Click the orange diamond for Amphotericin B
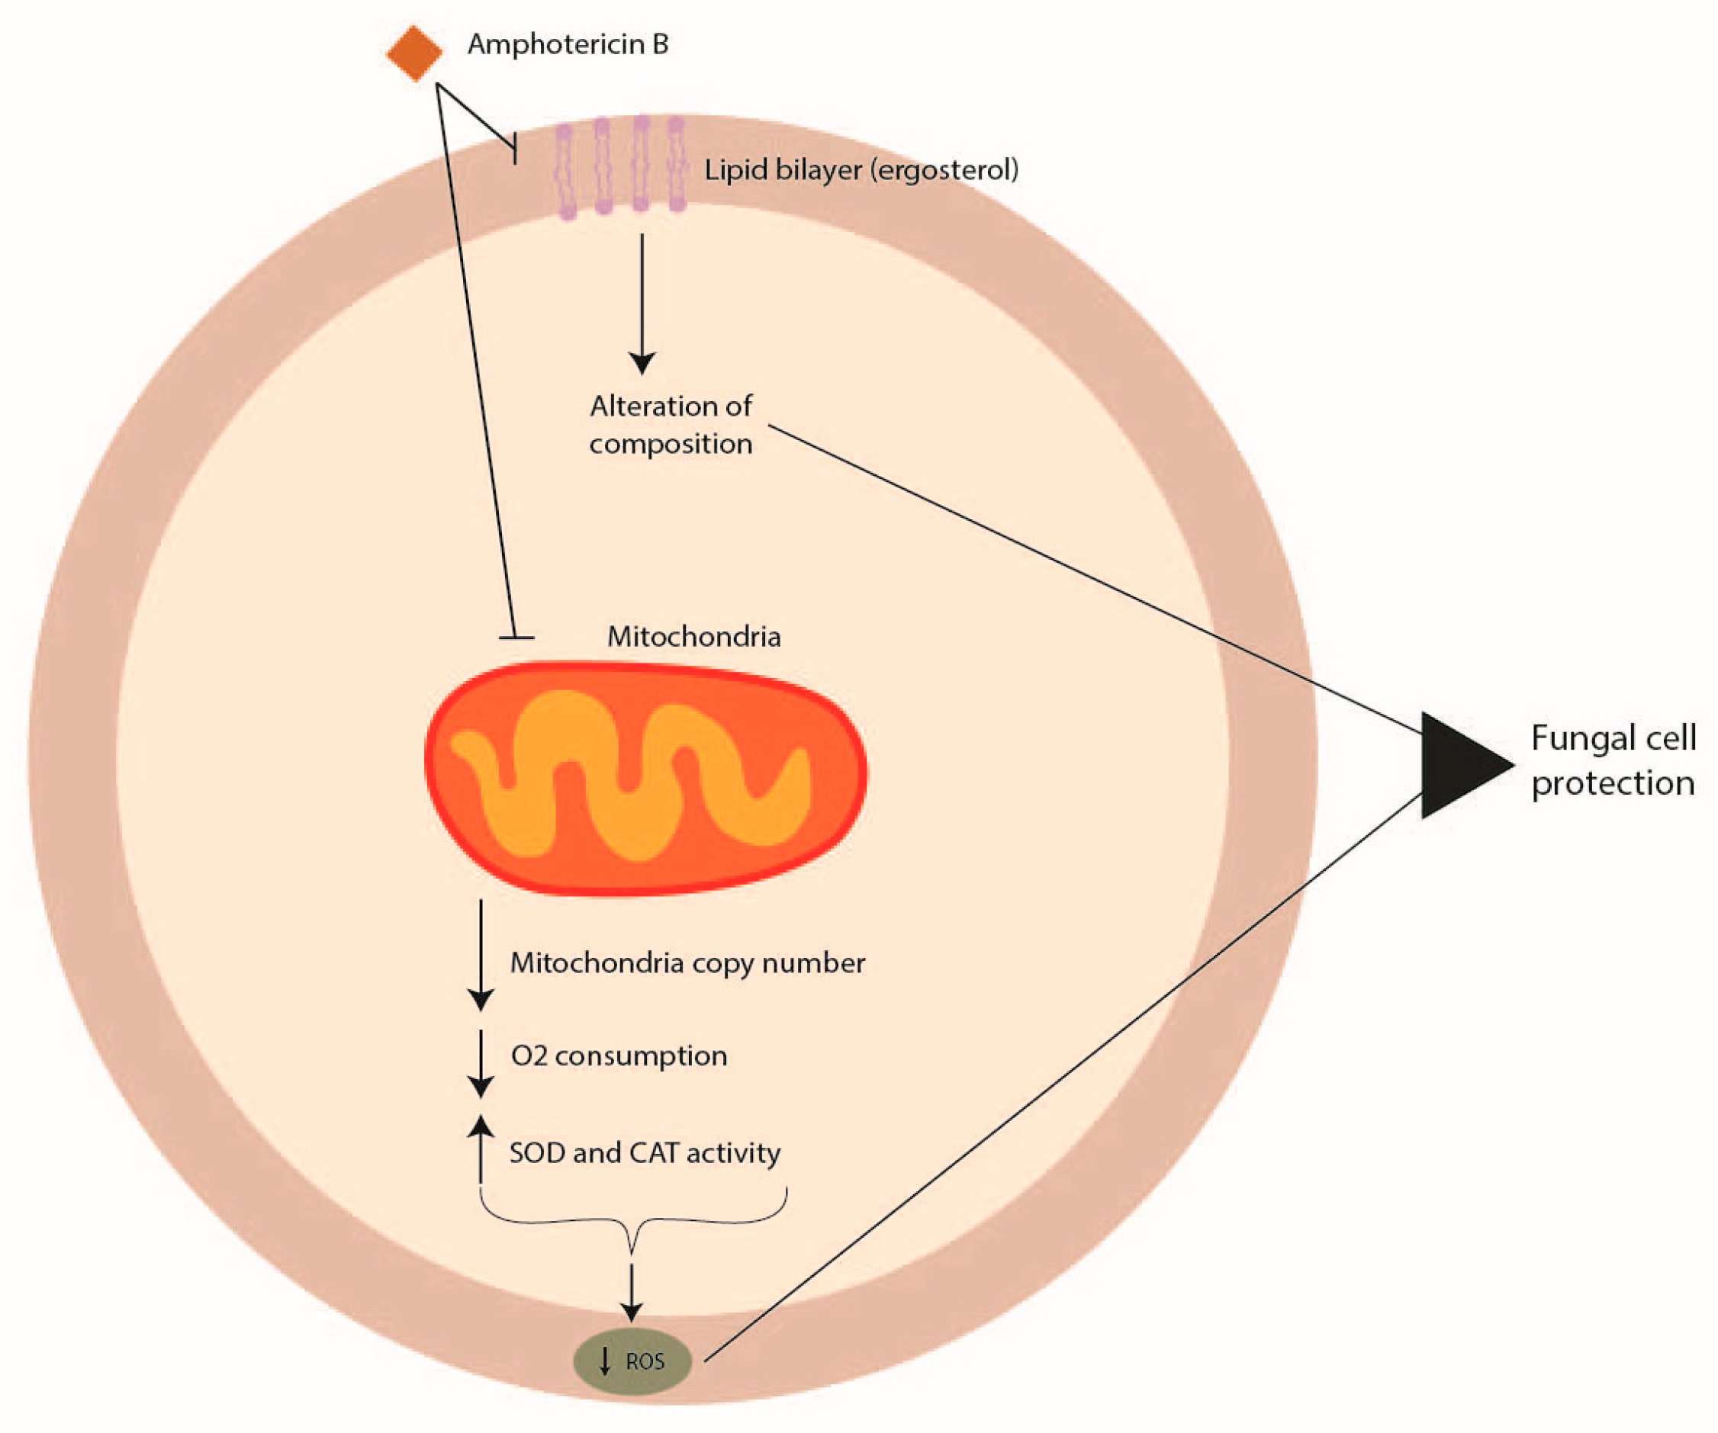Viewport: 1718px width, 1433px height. pos(415,53)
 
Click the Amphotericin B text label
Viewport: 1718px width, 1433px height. pos(568,44)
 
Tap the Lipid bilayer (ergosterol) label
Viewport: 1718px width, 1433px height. pos(861,170)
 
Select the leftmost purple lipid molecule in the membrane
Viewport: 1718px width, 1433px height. pos(565,172)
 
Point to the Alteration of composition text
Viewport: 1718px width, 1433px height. pos(671,425)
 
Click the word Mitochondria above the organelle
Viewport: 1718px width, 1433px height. pos(693,636)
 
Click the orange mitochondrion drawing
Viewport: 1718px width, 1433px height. pos(645,778)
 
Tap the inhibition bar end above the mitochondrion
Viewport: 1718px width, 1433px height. pos(516,637)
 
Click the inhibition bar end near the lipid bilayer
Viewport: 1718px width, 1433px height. pos(515,149)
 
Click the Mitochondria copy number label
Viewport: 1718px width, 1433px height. pos(687,962)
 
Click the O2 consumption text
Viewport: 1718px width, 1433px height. pos(619,1056)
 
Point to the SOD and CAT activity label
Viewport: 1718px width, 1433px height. pos(645,1153)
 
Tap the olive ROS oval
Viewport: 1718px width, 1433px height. pos(632,1361)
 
